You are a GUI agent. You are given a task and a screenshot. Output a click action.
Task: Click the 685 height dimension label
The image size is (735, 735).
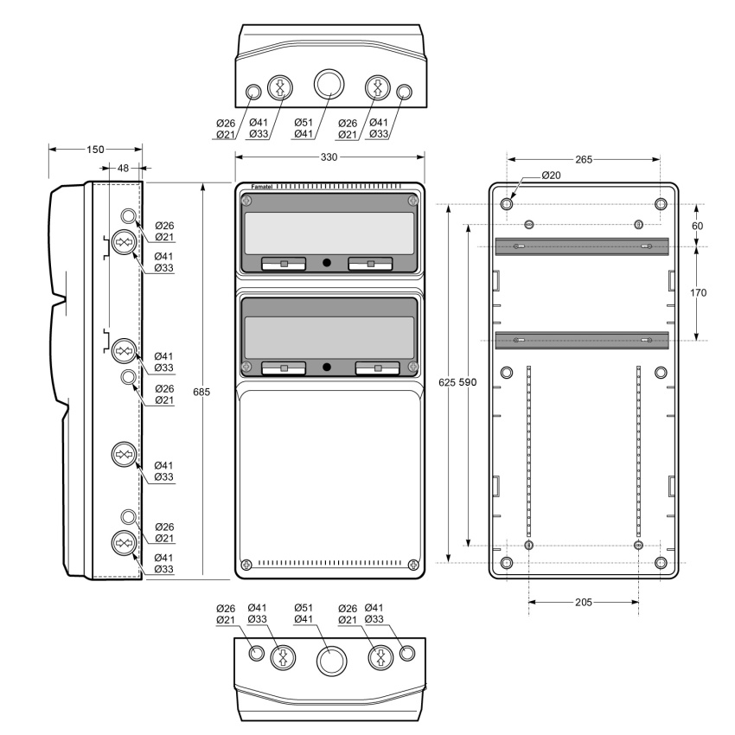click(201, 392)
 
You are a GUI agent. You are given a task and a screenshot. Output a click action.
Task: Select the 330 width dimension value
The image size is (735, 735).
click(329, 157)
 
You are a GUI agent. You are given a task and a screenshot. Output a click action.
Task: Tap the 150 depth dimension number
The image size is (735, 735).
click(95, 150)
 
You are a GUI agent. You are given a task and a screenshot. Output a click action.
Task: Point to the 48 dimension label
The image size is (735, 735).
click(123, 168)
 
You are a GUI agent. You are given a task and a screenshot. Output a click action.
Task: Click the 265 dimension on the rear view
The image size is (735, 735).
click(584, 160)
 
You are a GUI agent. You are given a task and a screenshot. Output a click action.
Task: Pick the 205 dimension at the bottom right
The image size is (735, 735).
click(584, 603)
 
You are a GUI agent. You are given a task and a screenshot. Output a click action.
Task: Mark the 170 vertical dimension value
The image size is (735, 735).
click(698, 293)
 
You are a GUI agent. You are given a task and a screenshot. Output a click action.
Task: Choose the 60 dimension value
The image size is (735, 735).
click(698, 226)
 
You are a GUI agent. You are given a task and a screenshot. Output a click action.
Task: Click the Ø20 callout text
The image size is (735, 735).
click(552, 176)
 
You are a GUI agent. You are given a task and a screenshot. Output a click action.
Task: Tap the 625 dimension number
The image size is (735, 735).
click(447, 382)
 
